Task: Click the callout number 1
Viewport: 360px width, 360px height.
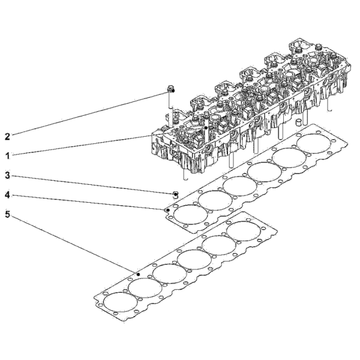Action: (8, 156)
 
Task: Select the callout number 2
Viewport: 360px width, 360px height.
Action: (8, 137)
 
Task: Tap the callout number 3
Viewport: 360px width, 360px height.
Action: (8, 176)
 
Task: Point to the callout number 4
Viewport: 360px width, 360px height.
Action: (8, 196)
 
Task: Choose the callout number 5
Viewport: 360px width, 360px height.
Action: (8, 215)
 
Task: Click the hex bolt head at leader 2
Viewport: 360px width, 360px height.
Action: (171, 88)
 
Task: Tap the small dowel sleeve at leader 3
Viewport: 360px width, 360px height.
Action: (176, 194)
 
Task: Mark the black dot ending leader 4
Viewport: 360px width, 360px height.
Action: (168, 210)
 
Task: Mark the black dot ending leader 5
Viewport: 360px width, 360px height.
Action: (138, 274)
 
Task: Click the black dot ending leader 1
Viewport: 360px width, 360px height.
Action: (206, 128)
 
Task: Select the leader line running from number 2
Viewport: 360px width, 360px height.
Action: (89, 113)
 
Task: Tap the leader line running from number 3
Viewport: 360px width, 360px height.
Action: (93, 185)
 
